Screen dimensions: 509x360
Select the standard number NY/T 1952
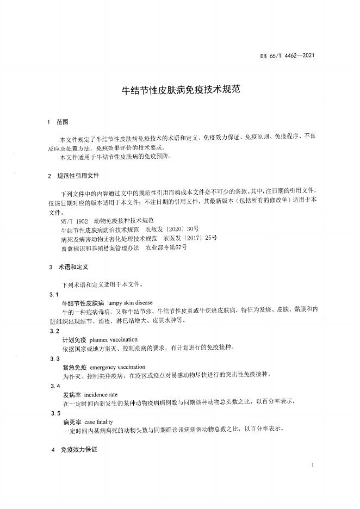click(x=75, y=222)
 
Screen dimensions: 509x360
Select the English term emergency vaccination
click(x=117, y=367)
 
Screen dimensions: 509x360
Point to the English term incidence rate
click(x=97, y=394)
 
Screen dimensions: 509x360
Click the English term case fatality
click(x=98, y=421)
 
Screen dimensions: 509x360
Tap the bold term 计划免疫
click(x=75, y=339)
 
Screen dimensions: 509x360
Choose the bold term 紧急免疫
click(x=75, y=367)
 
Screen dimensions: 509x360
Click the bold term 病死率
click(x=71, y=421)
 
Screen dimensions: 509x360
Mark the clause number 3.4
click(x=54, y=386)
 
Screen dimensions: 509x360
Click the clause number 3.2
click(x=54, y=331)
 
